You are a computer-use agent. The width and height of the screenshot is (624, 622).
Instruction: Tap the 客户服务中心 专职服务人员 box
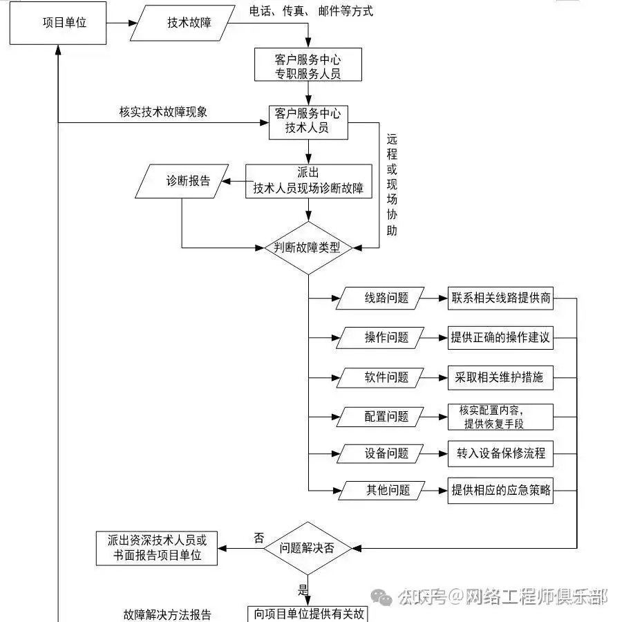point(308,65)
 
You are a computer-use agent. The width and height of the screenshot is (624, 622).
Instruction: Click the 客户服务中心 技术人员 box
point(308,121)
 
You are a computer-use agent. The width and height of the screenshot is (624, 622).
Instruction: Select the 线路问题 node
point(386,299)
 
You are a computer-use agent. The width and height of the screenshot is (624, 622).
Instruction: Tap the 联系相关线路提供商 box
point(501,299)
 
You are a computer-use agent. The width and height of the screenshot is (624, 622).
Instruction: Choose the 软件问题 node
point(386,377)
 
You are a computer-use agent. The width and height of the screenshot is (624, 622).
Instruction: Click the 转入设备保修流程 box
point(501,453)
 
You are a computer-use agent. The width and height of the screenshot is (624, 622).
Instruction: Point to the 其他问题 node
point(387,490)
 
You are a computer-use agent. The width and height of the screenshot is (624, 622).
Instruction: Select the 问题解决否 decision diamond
point(308,548)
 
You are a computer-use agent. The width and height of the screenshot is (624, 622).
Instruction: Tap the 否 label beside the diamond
point(258,538)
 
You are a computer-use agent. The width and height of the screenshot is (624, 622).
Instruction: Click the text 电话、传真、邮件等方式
point(311,11)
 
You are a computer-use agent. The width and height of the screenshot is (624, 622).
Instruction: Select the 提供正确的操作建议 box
point(501,337)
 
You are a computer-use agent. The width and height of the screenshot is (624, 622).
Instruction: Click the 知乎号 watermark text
point(423,596)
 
